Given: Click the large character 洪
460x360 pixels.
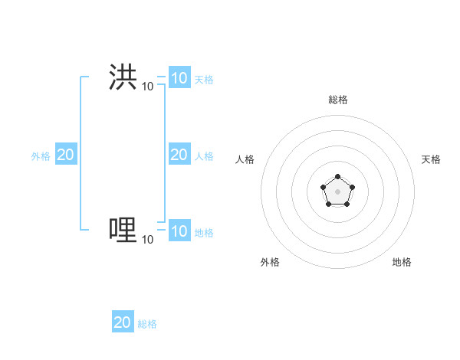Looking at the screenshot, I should coord(123,77).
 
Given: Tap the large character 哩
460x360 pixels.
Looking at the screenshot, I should coord(123,230).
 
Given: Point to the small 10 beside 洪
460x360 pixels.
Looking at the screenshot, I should coord(147,87).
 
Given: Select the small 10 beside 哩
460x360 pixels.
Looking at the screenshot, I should coord(147,240).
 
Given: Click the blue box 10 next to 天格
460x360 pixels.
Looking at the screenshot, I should coord(179,78).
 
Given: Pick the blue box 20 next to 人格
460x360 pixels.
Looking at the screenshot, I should coord(179,155).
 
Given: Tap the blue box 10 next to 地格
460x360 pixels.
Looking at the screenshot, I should coord(179,231).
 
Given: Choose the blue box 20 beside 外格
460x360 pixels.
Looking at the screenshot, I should coord(65,155).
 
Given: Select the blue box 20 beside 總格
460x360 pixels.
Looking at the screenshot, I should coord(123,322).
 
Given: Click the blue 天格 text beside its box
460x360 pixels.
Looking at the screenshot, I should coord(204,79).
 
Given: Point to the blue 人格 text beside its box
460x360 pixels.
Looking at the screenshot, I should coord(204,155).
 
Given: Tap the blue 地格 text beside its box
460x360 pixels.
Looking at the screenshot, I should coord(204,232).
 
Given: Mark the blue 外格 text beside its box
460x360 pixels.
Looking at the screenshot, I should coord(41,155).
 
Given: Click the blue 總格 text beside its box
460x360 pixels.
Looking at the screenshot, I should coord(147,324).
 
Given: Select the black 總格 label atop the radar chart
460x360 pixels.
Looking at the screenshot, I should coord(338,100).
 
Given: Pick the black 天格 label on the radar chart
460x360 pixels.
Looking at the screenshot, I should coord(431,159).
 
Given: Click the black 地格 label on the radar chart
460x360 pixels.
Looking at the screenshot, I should coord(402,262).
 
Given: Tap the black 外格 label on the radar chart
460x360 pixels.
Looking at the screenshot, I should coord(270,262).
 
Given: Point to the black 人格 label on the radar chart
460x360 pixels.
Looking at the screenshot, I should coord(245,159).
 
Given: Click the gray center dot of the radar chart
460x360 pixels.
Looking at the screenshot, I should coord(337,190).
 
